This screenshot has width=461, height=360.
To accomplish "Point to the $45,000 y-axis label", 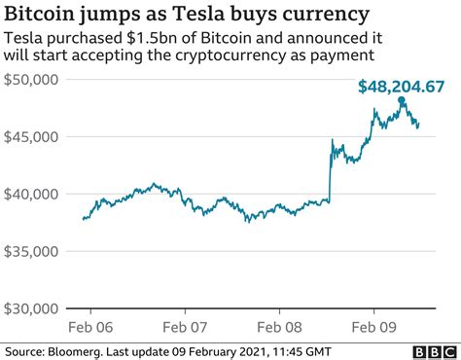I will (32, 136).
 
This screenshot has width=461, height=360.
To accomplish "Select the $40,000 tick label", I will (32, 194).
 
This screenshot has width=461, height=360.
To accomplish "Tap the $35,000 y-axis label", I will (32, 251).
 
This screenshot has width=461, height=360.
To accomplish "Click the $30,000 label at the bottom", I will (32, 308).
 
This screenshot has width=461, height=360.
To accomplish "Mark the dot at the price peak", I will (402, 100).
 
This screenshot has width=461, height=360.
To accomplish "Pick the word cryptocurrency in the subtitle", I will (231, 56).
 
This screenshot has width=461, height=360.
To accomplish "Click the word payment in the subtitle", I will (340, 56).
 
